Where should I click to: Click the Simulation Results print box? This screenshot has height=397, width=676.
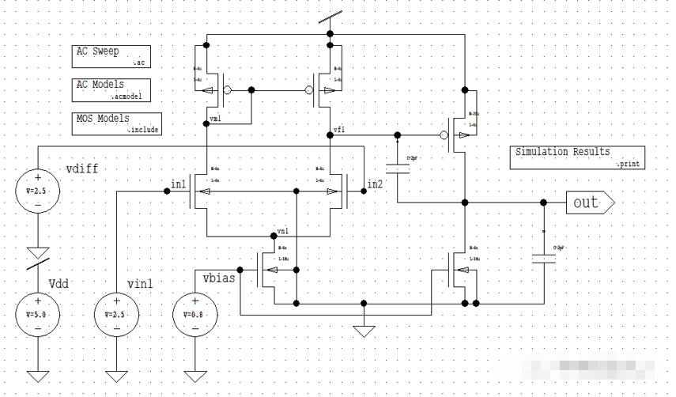576,157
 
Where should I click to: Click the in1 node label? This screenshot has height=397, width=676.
178,185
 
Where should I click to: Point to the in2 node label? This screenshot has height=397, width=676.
374,185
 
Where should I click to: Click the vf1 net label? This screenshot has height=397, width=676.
338,129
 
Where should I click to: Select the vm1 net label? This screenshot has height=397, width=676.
215,119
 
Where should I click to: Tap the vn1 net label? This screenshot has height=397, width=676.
282,233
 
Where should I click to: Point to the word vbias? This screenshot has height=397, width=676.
218,279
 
